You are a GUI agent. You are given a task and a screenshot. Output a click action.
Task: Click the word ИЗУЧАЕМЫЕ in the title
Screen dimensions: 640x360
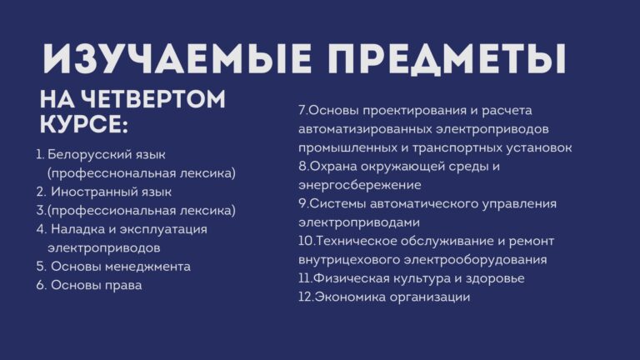coord(177,57)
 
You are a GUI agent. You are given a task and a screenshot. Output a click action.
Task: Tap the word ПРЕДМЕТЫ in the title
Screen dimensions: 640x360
coord(447,59)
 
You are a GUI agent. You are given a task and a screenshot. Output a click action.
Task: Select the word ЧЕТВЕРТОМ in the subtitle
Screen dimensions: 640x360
coord(152,99)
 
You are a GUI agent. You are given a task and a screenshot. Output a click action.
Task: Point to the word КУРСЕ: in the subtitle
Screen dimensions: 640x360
coord(84,124)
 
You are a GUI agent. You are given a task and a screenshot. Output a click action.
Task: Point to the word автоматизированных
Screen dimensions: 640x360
coord(365,129)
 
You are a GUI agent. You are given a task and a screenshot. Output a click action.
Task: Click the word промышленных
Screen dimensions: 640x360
coord(347,147)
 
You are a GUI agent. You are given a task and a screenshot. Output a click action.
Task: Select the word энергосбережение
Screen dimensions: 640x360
coord(360,185)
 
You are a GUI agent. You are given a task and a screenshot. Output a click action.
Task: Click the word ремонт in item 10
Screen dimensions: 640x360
coord(532,242)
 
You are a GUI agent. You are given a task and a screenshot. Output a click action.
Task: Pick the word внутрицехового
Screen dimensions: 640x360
coord(349,260)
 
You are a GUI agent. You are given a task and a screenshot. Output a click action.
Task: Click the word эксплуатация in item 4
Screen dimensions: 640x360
coord(163,230)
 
